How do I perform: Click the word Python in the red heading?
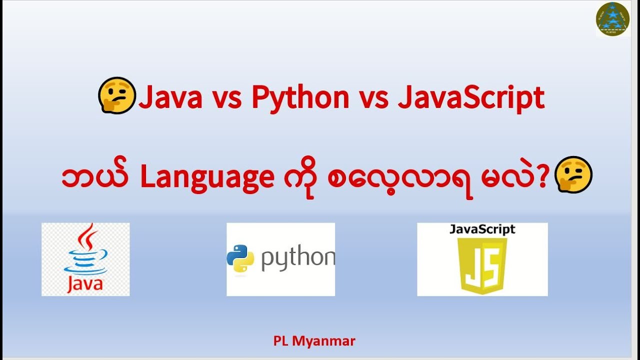click(x=300, y=98)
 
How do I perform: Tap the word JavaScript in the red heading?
click(x=471, y=98)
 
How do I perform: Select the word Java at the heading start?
click(x=170, y=98)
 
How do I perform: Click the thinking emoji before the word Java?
click(x=117, y=96)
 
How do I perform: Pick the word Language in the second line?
click(x=207, y=179)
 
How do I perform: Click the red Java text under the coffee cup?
click(x=84, y=284)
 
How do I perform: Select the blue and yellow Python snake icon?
click(x=240, y=258)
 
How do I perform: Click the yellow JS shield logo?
click(x=482, y=265)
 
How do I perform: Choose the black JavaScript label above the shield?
click(x=482, y=229)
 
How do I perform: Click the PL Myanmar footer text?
click(x=314, y=341)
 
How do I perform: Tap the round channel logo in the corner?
click(x=612, y=18)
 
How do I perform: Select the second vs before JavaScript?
click(x=374, y=98)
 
